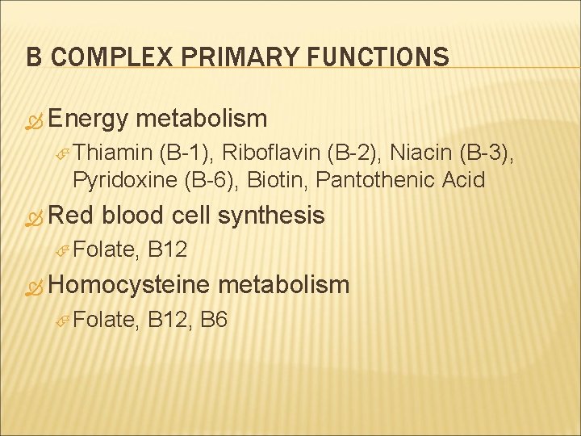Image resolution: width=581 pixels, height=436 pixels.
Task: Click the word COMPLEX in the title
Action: [98, 57]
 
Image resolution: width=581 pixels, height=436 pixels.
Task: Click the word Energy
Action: [88, 119]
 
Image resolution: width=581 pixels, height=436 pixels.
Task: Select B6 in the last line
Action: [213, 320]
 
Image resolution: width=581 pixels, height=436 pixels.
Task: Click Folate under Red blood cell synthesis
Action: [105, 250]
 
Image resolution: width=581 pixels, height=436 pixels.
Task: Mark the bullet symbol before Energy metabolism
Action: [33, 121]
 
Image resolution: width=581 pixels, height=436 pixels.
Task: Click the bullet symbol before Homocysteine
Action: [33, 286]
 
